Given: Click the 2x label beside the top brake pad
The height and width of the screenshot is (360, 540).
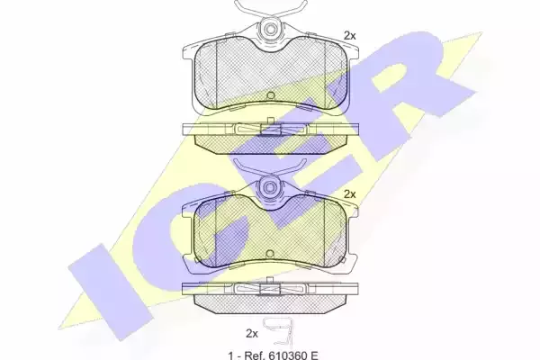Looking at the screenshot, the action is pyautogui.click(x=349, y=35).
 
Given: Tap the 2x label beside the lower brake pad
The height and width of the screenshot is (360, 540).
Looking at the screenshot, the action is pyautogui.click(x=349, y=194).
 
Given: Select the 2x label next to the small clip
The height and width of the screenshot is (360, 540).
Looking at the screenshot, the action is pyautogui.click(x=252, y=334).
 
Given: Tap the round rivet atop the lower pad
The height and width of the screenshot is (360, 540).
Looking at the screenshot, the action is pyautogui.click(x=270, y=187).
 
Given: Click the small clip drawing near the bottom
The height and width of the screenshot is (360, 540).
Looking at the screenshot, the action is pyautogui.click(x=278, y=333).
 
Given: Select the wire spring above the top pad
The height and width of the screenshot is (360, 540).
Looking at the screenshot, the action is pyautogui.click(x=270, y=10).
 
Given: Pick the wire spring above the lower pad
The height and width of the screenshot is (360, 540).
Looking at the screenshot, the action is pyautogui.click(x=270, y=169).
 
